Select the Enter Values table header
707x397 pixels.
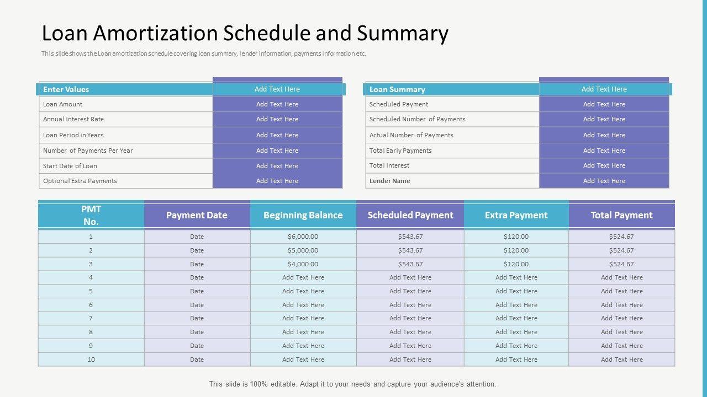pyautogui.click(x=66, y=89)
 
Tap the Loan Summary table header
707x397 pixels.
pyautogui.click(x=397, y=89)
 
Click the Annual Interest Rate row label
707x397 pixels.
pyautogui.click(x=73, y=119)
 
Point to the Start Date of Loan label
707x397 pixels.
pyautogui.click(x=70, y=166)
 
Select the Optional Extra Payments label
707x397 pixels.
pyautogui.click(x=80, y=181)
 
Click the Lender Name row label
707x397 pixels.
pyautogui.click(x=390, y=181)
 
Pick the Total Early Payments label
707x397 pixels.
pyautogui.click(x=400, y=151)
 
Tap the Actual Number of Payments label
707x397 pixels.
pyautogui.click(x=411, y=135)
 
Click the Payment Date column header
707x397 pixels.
pyautogui.click(x=197, y=215)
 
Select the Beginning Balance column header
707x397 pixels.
pyautogui.click(x=303, y=215)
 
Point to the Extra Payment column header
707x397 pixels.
pyautogui.click(x=516, y=215)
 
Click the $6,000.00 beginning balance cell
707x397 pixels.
pyautogui.click(x=303, y=237)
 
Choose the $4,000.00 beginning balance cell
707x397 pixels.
pyautogui.click(x=303, y=264)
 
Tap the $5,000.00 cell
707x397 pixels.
pyautogui.click(x=303, y=250)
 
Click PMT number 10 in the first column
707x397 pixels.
pyautogui.click(x=91, y=360)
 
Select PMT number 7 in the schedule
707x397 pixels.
pyautogui.click(x=91, y=318)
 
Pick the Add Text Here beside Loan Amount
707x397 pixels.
pyautogui.click(x=277, y=104)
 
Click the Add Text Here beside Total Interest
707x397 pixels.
pyautogui.click(x=604, y=165)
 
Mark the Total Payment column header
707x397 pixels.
pyautogui.click(x=621, y=215)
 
